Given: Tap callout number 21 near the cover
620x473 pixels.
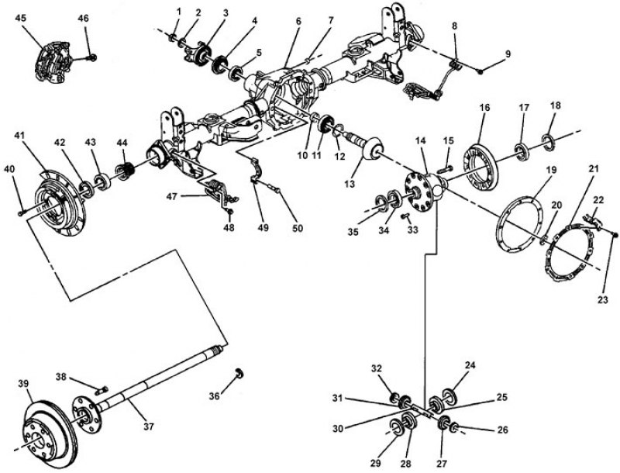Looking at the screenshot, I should pos(592,168).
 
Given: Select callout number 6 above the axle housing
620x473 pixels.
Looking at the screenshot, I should pos(298,22).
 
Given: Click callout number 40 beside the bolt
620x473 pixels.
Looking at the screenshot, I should pos(9,169).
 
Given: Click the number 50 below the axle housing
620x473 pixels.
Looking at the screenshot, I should pos(298,229).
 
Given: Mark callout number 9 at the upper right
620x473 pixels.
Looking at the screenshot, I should pos(508,54).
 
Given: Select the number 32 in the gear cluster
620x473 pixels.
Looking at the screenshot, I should pos(376,368).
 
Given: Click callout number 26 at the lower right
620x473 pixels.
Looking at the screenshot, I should pos(502,429).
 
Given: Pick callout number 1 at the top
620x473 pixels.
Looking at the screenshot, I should pos(179,11).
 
